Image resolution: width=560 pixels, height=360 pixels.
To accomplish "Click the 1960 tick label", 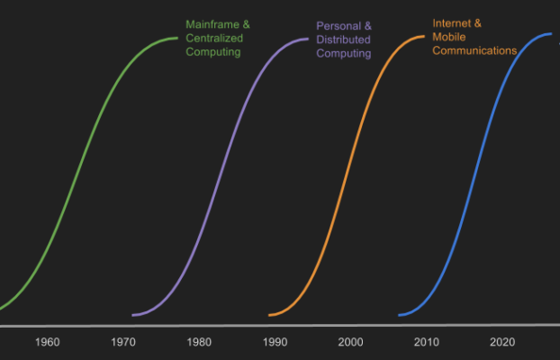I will pyautogui.click(x=48, y=342).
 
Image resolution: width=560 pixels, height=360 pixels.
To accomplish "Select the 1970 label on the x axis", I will pyautogui.click(x=123, y=342).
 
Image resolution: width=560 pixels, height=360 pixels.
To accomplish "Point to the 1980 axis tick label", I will pyautogui.click(x=199, y=342).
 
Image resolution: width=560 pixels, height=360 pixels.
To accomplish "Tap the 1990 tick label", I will pyautogui.click(x=275, y=342).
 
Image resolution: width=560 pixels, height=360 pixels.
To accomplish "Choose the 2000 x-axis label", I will pyautogui.click(x=351, y=342).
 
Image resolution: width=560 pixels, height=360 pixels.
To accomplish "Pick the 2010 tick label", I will pyautogui.click(x=427, y=342).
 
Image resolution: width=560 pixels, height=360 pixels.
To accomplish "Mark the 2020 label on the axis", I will pyautogui.click(x=502, y=342).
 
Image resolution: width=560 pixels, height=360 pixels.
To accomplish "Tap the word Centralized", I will pyautogui.click(x=214, y=39).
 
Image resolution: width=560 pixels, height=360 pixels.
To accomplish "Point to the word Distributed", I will pyautogui.click(x=343, y=40).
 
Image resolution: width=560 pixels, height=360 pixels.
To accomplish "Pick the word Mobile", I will pyautogui.click(x=449, y=37).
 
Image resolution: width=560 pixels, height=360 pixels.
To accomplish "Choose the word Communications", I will pyautogui.click(x=474, y=51).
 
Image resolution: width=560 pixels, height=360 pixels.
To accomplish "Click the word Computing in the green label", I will pyautogui.click(x=213, y=52).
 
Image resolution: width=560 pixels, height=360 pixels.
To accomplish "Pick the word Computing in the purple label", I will pyautogui.click(x=344, y=54).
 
